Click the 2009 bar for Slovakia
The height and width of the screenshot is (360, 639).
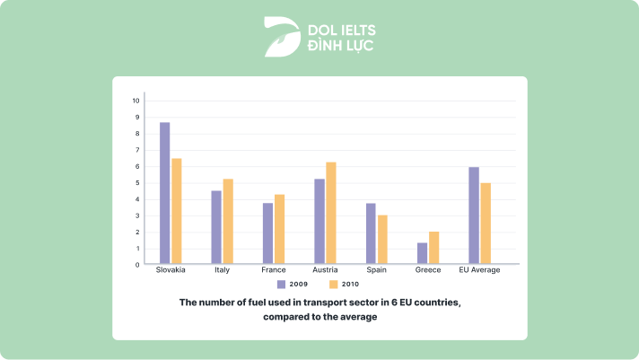(164, 193)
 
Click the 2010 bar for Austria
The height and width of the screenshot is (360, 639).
(331, 213)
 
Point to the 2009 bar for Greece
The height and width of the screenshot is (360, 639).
(422, 253)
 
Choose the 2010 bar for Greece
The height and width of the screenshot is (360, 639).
(434, 248)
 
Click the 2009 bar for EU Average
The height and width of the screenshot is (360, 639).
(473, 215)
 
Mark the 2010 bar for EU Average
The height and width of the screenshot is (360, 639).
(486, 224)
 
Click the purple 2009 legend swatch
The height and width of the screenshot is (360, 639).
(281, 284)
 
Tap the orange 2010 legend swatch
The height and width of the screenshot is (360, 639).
(332, 284)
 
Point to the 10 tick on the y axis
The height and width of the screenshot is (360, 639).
(136, 101)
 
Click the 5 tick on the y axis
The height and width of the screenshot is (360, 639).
(137, 182)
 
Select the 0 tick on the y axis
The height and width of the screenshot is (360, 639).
(137, 265)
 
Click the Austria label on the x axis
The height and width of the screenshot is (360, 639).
(324, 269)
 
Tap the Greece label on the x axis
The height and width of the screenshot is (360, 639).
(428, 269)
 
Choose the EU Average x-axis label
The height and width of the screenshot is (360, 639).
(479, 269)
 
